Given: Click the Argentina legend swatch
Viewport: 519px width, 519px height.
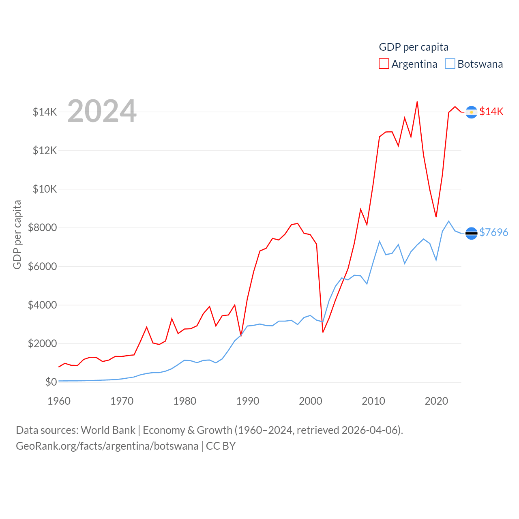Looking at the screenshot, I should pyautogui.click(x=384, y=64).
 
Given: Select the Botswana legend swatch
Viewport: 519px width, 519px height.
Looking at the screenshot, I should pyautogui.click(x=450, y=64).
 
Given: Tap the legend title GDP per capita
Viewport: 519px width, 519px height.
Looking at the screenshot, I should pyautogui.click(x=414, y=47).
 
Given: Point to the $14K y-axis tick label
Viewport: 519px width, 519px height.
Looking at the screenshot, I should pyautogui.click(x=45, y=112).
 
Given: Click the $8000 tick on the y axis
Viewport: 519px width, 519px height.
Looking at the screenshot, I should pyautogui.click(x=42, y=227).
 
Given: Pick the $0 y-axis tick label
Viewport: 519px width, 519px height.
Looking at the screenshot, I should pyautogui.click(x=51, y=382).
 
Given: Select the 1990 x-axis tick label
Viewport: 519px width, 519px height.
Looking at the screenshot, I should pyautogui.click(x=248, y=401).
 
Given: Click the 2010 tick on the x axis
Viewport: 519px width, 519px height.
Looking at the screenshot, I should pyautogui.click(x=373, y=401).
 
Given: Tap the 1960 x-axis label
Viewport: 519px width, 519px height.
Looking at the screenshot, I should pyautogui.click(x=59, y=401).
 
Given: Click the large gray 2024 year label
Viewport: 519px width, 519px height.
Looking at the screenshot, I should pyautogui.click(x=102, y=111).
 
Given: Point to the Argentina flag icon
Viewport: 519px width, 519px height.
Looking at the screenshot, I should pyautogui.click(x=471, y=112).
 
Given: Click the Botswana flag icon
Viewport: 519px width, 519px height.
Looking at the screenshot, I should pyautogui.click(x=471, y=233).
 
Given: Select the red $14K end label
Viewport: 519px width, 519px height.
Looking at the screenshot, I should pyautogui.click(x=491, y=112).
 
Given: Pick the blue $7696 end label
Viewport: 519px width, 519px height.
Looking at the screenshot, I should pyautogui.click(x=494, y=232).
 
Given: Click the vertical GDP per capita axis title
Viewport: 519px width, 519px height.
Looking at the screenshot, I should pyautogui.click(x=17, y=234).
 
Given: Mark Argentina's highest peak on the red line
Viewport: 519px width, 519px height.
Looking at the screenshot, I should pyautogui.click(x=417, y=102).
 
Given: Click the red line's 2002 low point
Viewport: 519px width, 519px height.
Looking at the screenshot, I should pyautogui.click(x=323, y=332).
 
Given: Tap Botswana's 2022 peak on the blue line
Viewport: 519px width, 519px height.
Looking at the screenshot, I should pyautogui.click(x=448, y=221).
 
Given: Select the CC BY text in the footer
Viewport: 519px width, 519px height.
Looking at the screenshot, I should pyautogui.click(x=221, y=446).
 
